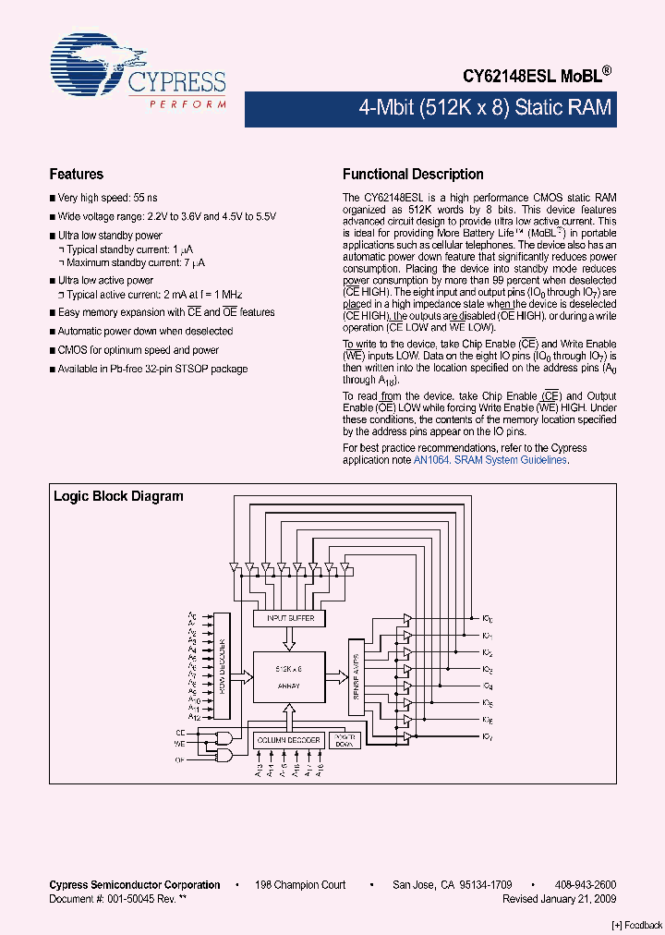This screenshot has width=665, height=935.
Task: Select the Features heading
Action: tap(76, 174)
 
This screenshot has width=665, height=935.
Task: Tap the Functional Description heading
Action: tap(413, 174)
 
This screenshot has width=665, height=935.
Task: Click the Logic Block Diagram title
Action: tap(118, 496)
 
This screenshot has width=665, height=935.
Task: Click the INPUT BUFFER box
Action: tap(290, 617)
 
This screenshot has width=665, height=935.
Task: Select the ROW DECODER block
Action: tap(222, 665)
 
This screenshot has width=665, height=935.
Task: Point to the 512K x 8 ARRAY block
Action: tap(289, 676)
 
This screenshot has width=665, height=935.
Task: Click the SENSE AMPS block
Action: tap(357, 676)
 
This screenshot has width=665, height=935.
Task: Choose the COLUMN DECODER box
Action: tap(289, 740)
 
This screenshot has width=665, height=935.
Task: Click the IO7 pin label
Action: tap(488, 735)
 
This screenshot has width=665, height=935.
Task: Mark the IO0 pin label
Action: tap(488, 617)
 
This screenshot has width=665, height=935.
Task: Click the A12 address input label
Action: tap(194, 716)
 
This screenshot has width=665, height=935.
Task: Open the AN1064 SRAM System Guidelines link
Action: tap(490, 459)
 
